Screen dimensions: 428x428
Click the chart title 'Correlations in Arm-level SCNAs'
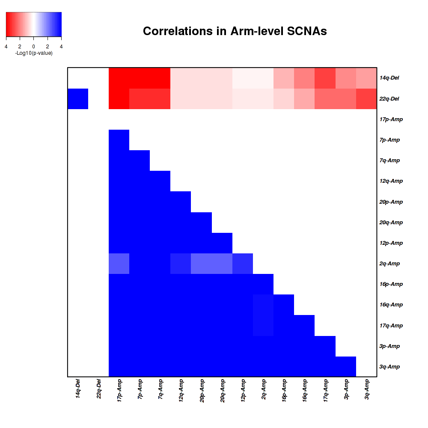(235, 31)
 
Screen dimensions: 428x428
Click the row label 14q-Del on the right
(389, 78)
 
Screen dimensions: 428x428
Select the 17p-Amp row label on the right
(391, 119)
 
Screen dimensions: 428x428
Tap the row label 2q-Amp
(389, 264)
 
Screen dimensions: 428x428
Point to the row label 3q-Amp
(389, 367)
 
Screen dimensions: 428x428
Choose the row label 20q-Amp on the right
(391, 223)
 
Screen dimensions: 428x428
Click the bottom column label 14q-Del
(78, 389)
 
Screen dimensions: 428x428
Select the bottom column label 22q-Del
(98, 389)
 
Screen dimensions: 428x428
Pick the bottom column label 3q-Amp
(367, 389)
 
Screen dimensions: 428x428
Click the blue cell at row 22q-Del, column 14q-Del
(78, 99)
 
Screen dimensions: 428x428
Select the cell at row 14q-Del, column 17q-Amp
(325, 78)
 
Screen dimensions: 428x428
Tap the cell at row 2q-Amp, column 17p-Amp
(119, 264)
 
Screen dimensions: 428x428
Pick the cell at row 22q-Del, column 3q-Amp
(367, 99)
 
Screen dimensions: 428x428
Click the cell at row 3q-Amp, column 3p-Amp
(346, 367)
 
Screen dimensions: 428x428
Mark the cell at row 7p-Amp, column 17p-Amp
(119, 140)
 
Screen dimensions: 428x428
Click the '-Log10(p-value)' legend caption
(33, 53)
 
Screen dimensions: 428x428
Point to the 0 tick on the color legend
(33, 46)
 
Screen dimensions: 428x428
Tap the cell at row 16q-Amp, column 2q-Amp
(263, 305)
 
